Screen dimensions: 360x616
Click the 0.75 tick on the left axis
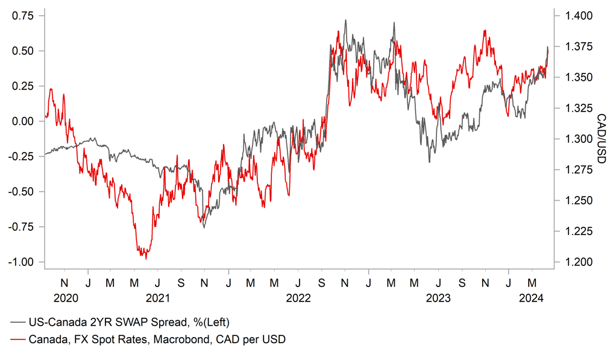coord(22,16)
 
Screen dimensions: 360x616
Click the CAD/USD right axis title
coord(600,139)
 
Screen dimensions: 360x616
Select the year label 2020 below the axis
coord(66,298)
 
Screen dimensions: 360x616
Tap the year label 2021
coord(157,298)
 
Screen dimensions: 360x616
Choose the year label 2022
coord(298,298)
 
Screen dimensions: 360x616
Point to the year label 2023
coord(438,298)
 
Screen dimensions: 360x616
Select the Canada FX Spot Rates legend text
coord(157,339)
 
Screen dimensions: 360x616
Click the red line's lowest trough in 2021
coord(146,259)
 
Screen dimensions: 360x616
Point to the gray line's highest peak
coord(345,20)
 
